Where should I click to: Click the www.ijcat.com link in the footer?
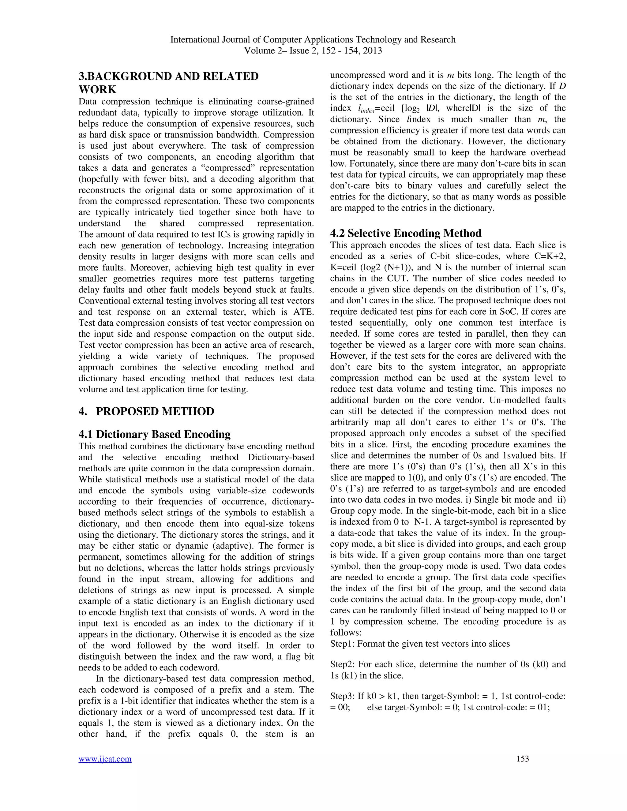coord(105,759)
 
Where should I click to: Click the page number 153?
coord(523,759)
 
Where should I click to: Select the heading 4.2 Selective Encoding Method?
coord(406,233)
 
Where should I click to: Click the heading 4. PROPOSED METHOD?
coord(146,411)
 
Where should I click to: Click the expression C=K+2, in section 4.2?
coord(545,256)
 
